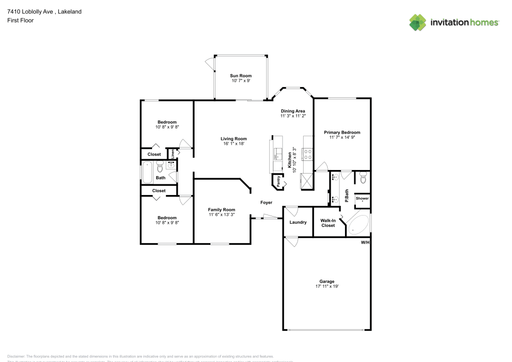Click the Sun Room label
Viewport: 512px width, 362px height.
240,76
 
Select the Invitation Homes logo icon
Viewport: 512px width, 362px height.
418,22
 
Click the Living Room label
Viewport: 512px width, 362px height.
233,139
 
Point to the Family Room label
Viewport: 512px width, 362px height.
221,209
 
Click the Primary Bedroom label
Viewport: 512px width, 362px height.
342,132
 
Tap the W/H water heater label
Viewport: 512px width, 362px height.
365,242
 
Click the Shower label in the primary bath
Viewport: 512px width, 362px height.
362,198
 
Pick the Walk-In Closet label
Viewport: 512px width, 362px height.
328,223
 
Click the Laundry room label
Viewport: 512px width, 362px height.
297,222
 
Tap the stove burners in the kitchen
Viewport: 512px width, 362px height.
308,151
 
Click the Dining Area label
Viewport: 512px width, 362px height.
293,111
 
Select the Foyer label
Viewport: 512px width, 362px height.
266,203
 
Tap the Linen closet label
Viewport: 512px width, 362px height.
173,153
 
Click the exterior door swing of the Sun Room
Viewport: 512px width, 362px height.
209,62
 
